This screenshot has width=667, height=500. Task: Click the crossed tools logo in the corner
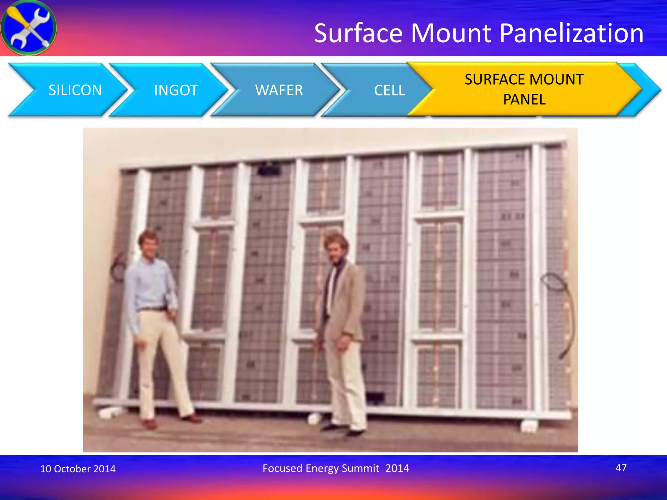[28, 28]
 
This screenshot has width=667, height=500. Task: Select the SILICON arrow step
[75, 90]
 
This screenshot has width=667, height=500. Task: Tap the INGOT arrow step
[176, 90]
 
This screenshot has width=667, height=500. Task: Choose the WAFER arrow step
[279, 90]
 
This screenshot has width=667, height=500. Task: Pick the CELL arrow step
[389, 90]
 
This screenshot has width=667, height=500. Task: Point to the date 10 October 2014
[78, 468]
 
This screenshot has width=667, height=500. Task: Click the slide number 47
[621, 468]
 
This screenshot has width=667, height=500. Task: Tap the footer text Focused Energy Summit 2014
[336, 468]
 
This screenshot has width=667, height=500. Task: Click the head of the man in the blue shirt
[148, 243]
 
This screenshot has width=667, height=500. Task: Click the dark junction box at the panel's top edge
[269, 170]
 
